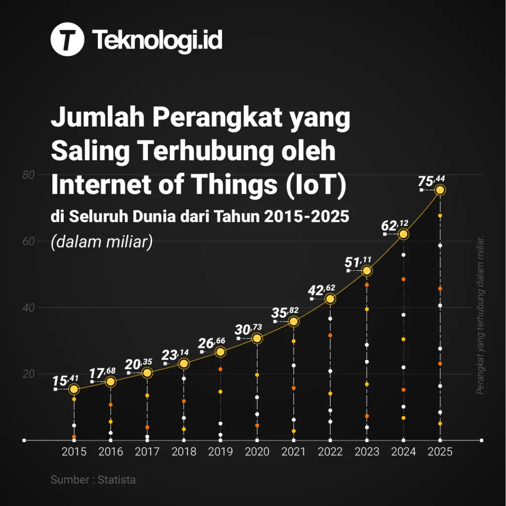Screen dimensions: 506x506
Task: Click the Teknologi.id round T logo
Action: click(67, 40)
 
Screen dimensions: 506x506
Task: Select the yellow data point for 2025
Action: click(440, 190)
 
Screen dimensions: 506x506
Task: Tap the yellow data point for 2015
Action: click(74, 389)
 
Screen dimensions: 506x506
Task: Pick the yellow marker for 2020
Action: click(257, 338)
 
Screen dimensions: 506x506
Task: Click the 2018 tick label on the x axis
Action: click(184, 452)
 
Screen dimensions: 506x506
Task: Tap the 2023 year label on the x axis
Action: click(367, 452)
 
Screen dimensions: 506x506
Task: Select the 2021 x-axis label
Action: click(294, 452)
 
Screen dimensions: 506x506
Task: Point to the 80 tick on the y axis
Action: click(28, 175)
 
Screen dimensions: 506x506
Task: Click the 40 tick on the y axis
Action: click(28, 307)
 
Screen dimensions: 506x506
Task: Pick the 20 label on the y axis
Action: click(28, 374)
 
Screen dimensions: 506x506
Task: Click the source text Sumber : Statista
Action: click(93, 479)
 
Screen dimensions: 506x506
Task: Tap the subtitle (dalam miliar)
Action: click(101, 242)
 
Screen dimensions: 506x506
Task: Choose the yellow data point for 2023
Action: click(367, 271)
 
